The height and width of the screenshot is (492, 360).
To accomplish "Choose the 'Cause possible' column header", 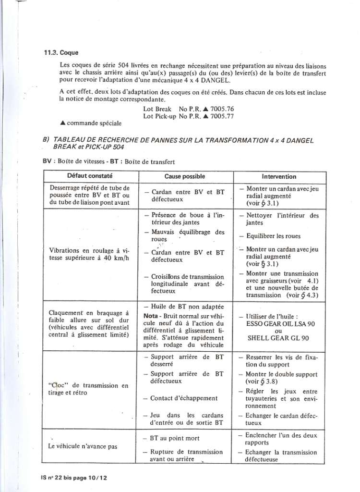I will tap(184, 176).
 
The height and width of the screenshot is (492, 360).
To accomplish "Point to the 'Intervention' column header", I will tap(279, 176).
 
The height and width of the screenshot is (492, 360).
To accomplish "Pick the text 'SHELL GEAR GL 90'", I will tap(278, 338).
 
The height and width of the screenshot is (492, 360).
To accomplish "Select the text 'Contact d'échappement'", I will tap(183, 398).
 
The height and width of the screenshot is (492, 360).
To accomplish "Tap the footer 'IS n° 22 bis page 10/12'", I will tap(74, 479).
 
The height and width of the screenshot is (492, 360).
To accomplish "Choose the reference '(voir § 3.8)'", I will tap(262, 382).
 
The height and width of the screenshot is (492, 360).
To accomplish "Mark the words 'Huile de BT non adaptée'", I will tap(184, 307).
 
